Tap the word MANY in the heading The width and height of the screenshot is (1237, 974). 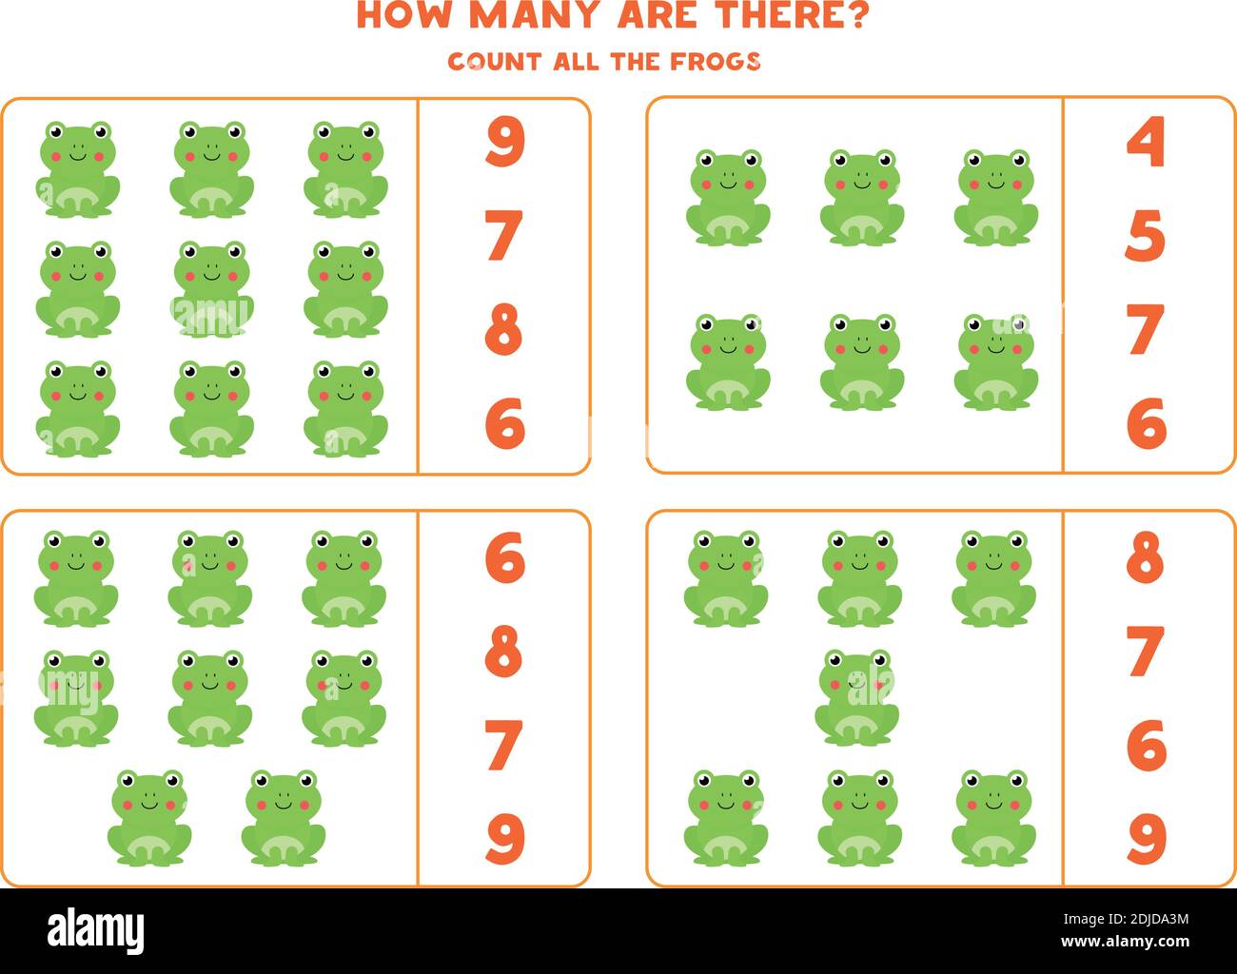[536, 15]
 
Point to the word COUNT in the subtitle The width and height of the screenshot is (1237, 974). [494, 62]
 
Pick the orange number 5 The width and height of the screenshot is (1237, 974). [1145, 236]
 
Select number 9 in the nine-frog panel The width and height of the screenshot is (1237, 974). [504, 143]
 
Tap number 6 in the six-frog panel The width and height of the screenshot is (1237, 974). [1146, 423]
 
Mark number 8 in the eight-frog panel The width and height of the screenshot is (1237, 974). [504, 652]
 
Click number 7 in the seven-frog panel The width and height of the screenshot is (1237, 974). [1145, 652]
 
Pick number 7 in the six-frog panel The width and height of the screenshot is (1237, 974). [1145, 329]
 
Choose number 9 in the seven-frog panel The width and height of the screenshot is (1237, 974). [1146, 838]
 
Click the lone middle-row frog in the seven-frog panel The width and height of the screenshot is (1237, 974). [856, 697]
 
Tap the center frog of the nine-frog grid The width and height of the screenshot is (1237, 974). [211, 289]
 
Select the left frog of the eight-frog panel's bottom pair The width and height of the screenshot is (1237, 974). [148, 817]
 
